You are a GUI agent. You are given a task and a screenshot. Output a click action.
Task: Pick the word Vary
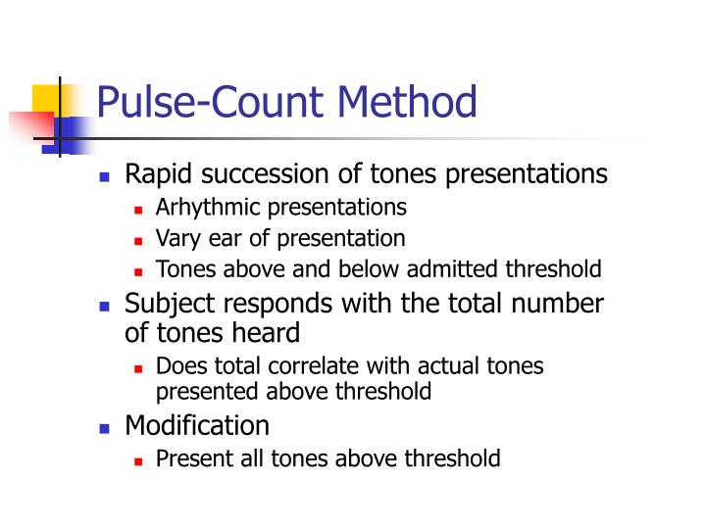[176, 238]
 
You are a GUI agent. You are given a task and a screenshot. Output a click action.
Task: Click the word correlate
[295, 366]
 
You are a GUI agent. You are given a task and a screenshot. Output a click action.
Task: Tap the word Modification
[197, 426]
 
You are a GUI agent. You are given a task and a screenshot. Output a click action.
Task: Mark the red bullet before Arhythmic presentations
[138, 209]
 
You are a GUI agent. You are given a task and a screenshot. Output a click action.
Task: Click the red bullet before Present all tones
[138, 459]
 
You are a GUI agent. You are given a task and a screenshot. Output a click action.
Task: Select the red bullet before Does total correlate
[138, 368]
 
